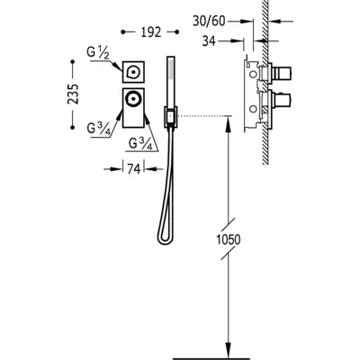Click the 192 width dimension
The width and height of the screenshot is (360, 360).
pos(151,32)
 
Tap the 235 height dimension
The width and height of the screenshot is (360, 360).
pos(73,94)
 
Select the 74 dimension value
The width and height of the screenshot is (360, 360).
pos(134,169)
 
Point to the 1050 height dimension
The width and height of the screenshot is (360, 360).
pos(229,239)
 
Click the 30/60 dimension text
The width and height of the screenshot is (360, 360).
pos(209,22)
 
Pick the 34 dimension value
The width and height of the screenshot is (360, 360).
pos(209,41)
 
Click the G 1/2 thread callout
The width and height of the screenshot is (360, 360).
pos(97,52)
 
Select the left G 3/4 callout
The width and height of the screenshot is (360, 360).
pos(97,129)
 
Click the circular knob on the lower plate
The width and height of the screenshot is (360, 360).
pos(133,98)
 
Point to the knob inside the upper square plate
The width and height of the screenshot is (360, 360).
pos(132,72)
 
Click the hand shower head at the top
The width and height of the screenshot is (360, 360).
pos(171,68)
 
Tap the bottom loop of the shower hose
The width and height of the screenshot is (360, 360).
pos(165,238)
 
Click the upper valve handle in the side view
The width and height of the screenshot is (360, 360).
pos(282,72)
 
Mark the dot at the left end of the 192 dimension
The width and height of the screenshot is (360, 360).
pos(122,31)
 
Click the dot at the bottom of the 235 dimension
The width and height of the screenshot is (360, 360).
pos(72,128)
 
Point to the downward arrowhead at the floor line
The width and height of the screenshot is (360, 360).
pos(229,350)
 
